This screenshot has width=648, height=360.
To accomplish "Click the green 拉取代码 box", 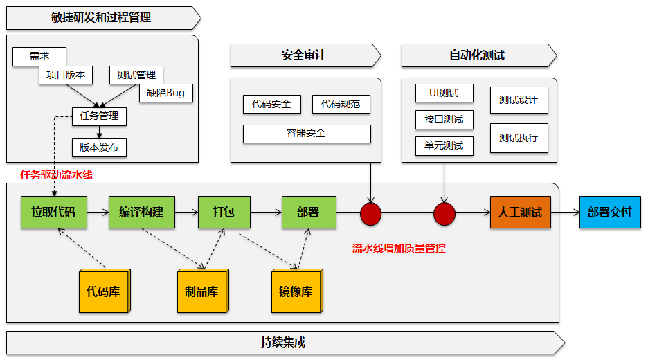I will (53, 213).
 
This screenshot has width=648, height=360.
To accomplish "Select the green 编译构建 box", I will (141, 213).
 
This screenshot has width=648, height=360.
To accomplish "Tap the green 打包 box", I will (224, 213).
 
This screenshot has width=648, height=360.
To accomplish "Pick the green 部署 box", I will (308, 213).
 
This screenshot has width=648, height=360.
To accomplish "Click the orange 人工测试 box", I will (520, 213).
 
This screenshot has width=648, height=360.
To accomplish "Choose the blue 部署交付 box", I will (609, 213).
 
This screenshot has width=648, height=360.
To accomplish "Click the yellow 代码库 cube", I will (104, 290).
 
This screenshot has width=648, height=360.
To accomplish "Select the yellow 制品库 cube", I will (201, 290).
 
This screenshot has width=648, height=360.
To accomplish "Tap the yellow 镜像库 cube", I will (296, 290).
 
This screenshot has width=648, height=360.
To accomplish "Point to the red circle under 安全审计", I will (371, 214).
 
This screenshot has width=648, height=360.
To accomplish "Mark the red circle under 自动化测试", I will (444, 214).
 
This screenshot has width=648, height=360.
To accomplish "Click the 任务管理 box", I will (99, 116).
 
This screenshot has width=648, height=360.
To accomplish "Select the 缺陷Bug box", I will (166, 93).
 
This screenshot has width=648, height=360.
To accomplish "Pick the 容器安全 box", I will (307, 134).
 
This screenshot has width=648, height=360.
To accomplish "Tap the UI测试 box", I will (444, 93).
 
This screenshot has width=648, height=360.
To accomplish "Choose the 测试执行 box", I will (519, 138).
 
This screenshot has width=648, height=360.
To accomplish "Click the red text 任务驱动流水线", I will (56, 175).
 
